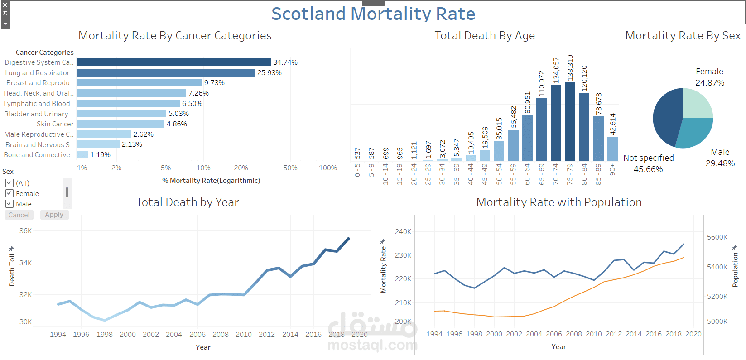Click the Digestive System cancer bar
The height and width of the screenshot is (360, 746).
tap(173, 62)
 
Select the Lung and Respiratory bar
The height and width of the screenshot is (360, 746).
tap(165, 73)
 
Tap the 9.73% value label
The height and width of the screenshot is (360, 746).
tap(214, 83)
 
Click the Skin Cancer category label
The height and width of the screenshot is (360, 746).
tap(55, 124)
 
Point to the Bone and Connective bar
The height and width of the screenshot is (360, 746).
tap(82, 155)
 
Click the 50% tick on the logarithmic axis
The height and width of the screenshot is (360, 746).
tap(290, 168)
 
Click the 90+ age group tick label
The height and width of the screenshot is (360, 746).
tap(612, 170)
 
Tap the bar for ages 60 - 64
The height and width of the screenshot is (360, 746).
tap(527, 138)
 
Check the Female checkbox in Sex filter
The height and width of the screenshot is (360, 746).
tap(10, 193)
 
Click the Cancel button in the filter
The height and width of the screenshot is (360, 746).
tap(19, 215)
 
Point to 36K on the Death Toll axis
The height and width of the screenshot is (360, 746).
tap(25, 231)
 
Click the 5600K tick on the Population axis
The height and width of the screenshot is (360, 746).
tap(717, 237)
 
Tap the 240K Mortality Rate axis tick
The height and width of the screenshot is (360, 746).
tap(403, 232)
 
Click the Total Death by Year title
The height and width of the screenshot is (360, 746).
tap(188, 202)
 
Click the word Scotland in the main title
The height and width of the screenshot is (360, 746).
tap(308, 14)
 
